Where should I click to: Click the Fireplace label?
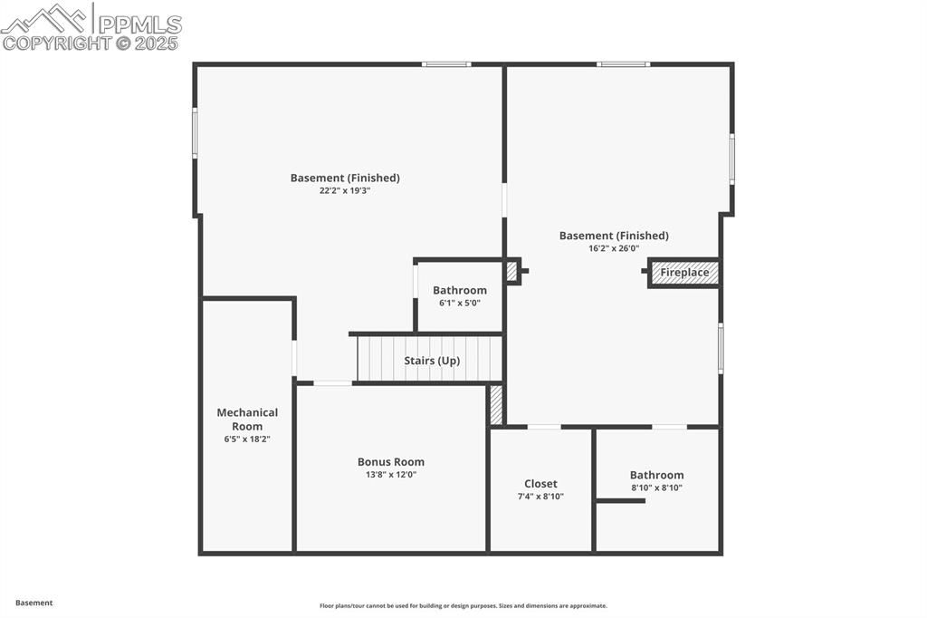(x=684, y=272)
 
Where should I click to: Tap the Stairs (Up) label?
(x=432, y=361)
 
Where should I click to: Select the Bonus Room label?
(x=391, y=462)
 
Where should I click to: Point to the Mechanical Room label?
(x=247, y=420)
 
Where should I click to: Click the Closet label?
(x=540, y=484)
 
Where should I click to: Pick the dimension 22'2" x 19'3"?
(x=345, y=190)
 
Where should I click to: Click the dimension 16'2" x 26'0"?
(x=614, y=248)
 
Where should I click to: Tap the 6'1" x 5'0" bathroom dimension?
(x=459, y=303)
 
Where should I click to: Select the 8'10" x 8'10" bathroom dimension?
(x=657, y=488)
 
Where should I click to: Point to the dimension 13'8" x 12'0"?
(x=391, y=474)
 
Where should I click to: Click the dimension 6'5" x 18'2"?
(x=247, y=439)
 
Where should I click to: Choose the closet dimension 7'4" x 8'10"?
(x=540, y=497)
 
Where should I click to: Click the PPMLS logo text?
(x=139, y=24)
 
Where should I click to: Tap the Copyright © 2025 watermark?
(x=90, y=43)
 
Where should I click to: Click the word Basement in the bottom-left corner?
(x=33, y=603)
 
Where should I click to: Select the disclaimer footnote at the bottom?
(x=463, y=605)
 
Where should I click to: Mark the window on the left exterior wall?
(x=195, y=132)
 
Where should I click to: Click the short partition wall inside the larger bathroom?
(x=620, y=501)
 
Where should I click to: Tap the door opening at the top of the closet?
(x=544, y=426)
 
